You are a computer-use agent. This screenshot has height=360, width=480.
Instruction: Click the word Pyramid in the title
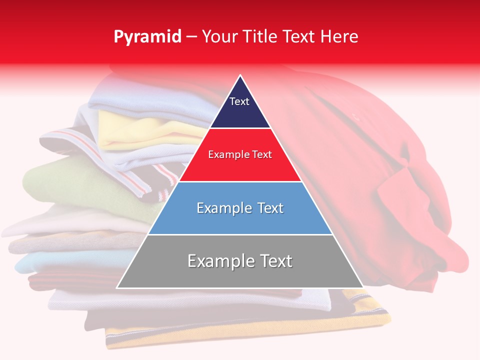click(147, 37)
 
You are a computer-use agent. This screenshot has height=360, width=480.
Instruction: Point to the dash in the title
click(191, 37)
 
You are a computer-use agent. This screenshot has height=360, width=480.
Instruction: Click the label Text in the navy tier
click(239, 101)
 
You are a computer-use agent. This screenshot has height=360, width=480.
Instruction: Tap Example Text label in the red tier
click(240, 154)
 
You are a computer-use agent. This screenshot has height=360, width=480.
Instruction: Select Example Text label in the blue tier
click(240, 208)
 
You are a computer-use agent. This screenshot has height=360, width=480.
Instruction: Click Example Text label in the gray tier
click(240, 261)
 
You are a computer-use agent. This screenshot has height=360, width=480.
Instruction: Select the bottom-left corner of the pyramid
click(117, 287)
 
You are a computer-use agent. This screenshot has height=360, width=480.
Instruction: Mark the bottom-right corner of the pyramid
click(362, 287)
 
